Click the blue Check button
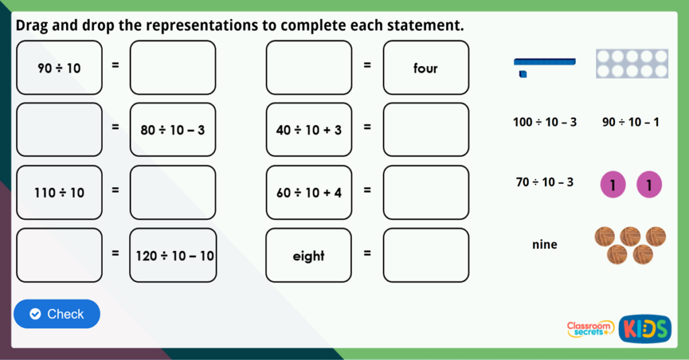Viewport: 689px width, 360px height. pos(57,314)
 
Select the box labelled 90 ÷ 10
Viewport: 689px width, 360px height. pos(59,67)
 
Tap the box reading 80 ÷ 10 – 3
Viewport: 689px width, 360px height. pos(173,130)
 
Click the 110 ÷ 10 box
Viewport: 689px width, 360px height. pos(59,192)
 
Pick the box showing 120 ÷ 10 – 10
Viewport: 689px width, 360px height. pos(173,256)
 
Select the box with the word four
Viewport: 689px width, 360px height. pos(426,67)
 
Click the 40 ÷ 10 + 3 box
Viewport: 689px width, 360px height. pos(309,130)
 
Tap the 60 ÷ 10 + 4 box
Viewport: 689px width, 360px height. pos(309,192)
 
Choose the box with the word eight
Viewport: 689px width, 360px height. pos(309,256)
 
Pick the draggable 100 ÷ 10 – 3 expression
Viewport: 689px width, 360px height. pos(544,122)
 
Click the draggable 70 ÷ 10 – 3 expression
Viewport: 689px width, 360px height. pos(544,182)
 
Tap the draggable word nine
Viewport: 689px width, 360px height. pos(544,244)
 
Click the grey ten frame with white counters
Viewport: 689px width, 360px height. pos(631,64)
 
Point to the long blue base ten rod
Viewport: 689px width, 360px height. pos(544,61)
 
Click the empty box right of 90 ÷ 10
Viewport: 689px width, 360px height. pos(173,67)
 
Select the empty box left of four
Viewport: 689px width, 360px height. pos(309,67)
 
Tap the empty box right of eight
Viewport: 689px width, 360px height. pos(426,256)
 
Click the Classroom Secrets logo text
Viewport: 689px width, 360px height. pos(590,328)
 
